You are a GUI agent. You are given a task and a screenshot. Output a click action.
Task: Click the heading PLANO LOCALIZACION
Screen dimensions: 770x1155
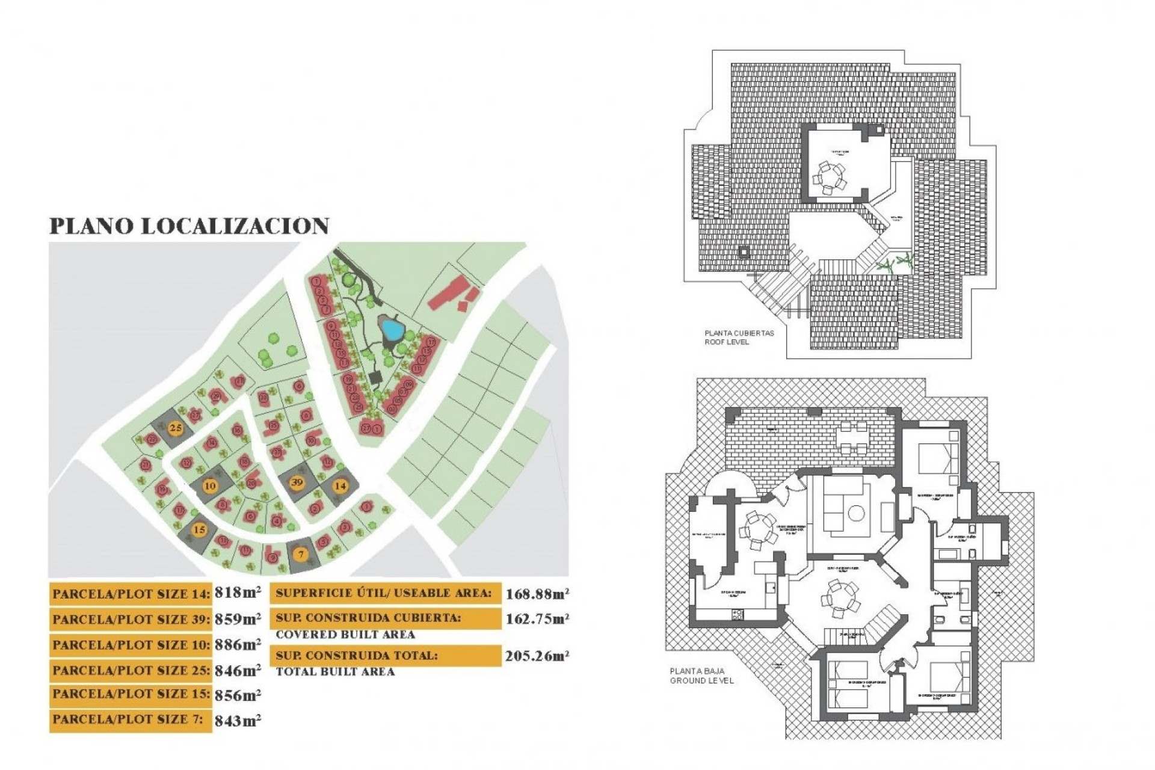pos(189,226)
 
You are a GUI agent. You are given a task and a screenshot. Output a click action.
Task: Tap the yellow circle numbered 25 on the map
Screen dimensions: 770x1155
pos(176,428)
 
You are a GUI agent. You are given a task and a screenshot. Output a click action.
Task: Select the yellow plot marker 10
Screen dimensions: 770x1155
pos(210,486)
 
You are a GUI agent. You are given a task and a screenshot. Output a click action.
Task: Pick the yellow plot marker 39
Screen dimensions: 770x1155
pos(297,482)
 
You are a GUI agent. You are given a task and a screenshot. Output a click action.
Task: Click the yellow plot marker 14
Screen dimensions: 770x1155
pos(341,485)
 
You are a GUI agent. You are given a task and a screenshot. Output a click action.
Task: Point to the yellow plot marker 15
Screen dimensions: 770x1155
pos(199,530)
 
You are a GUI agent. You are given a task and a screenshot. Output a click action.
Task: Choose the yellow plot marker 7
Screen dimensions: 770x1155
pos(301,554)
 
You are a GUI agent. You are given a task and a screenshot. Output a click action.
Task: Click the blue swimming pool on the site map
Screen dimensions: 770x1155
pos(392,329)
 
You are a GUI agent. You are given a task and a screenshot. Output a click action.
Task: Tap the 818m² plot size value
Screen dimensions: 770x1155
pos(238,593)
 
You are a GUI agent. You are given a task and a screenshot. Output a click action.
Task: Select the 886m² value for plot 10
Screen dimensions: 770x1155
pos(238,644)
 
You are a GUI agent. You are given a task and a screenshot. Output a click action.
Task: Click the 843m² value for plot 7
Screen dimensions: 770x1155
pos(238,720)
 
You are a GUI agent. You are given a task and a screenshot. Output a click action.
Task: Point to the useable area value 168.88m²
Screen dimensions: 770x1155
pos(537,594)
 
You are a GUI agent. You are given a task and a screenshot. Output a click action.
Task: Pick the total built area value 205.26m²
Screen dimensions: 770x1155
pos(537,656)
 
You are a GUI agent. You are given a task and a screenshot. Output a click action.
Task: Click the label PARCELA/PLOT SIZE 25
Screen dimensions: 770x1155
pos(131,670)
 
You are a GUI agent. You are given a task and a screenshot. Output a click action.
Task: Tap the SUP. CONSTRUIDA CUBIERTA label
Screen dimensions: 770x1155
pos(368,618)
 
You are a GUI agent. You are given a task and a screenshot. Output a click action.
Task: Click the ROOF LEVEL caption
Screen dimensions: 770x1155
pos(727,342)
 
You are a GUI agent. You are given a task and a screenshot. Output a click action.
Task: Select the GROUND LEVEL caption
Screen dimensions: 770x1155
pos(702,680)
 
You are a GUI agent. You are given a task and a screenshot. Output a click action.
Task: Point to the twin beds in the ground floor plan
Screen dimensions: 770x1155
pos(848,684)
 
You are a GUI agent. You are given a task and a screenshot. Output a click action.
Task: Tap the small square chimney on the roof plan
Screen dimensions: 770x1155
pos(745,252)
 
